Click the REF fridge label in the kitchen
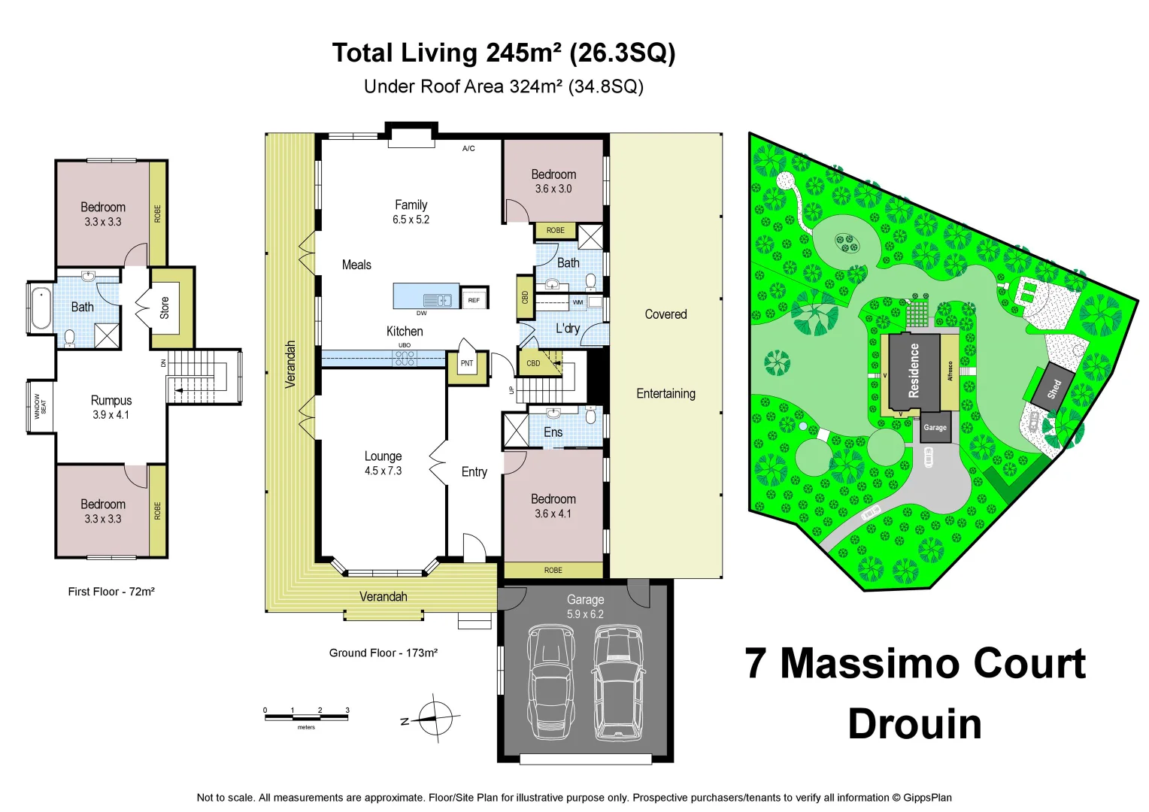pyautogui.click(x=474, y=300)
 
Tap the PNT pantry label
pyautogui.click(x=467, y=363)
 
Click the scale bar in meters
pyautogui.click(x=306, y=717)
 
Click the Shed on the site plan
pyautogui.click(x=1054, y=389)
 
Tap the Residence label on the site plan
pyautogui.click(x=914, y=371)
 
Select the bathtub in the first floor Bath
pyautogui.click(x=40, y=308)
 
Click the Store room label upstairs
pyautogui.click(x=165, y=308)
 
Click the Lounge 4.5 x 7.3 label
pyautogui.click(x=383, y=463)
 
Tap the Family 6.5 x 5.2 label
pyautogui.click(x=411, y=212)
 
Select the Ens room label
pyautogui.click(x=553, y=432)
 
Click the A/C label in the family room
pyautogui.click(x=468, y=149)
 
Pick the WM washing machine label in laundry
pyautogui.click(x=578, y=302)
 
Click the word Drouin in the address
pyautogui.click(x=914, y=724)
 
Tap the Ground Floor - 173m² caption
pyautogui.click(x=383, y=653)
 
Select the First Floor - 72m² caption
pyautogui.click(x=111, y=592)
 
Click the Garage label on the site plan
pyautogui.click(x=935, y=427)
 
